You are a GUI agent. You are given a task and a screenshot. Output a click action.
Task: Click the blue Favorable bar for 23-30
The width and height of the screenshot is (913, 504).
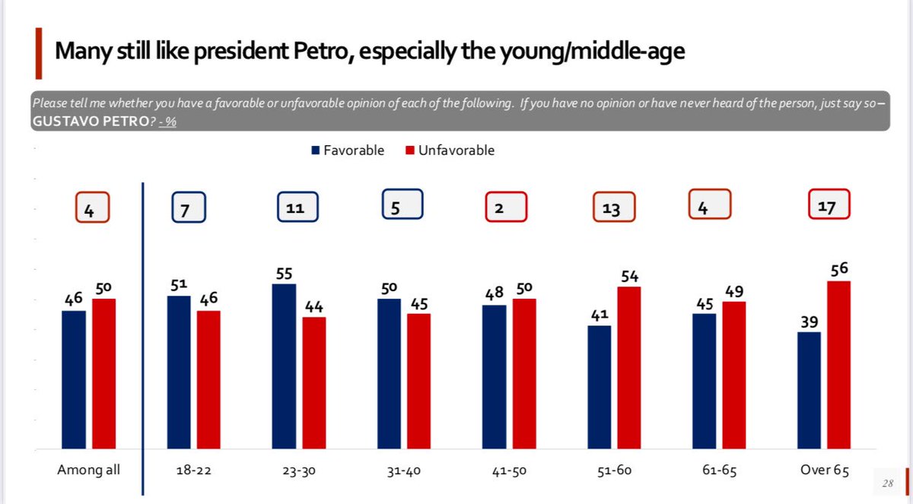pos(285,366)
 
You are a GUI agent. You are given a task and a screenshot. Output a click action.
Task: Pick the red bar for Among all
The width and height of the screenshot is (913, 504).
pos(104,373)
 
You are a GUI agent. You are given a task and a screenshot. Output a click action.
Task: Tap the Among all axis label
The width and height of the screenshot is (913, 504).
pos(89,471)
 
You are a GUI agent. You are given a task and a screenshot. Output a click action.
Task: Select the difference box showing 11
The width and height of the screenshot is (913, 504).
pos(297,208)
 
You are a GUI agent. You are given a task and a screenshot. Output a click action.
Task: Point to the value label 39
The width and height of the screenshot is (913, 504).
pos(809,321)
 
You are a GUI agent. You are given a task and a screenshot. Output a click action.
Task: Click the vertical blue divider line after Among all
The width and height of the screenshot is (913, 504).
pos(143,327)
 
